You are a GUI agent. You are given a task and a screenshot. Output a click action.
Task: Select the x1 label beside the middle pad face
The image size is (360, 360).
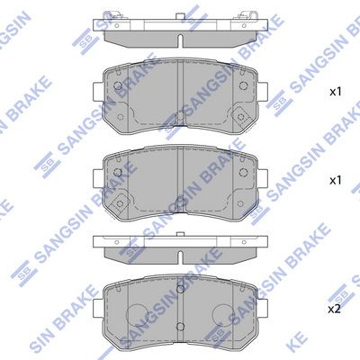[x=336, y=181]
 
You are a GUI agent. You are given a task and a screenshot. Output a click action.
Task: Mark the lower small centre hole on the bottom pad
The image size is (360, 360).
[x=180, y=326]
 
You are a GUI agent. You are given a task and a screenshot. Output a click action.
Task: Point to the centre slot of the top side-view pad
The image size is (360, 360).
[x=180, y=41]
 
